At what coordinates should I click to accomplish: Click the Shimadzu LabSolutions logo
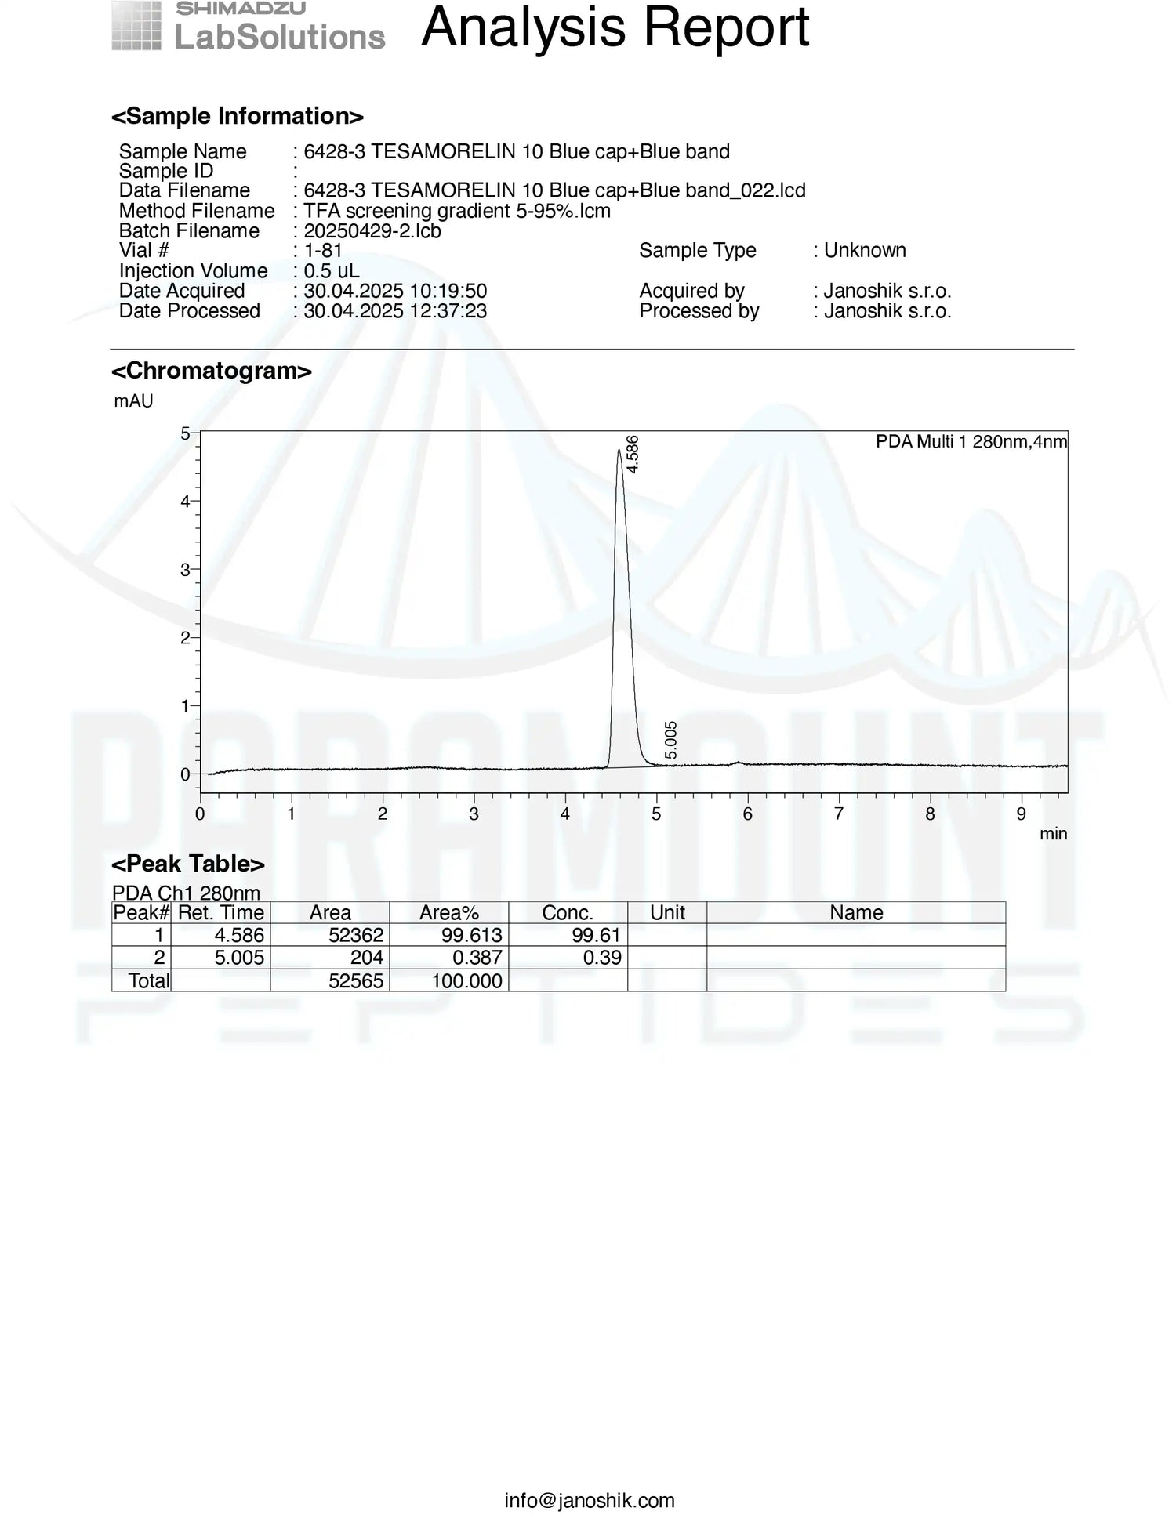tap(248, 28)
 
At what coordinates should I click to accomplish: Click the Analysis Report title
tap(615, 28)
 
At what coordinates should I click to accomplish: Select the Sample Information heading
tap(237, 116)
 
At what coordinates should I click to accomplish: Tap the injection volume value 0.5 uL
tap(332, 270)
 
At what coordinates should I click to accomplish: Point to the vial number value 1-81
tap(323, 250)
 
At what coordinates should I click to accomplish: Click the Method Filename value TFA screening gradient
tap(457, 211)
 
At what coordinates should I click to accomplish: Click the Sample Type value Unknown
tap(865, 250)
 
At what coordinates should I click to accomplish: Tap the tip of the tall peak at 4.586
tap(619, 450)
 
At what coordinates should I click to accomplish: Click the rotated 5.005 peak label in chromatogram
tap(671, 740)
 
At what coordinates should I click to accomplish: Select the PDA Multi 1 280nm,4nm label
tap(971, 442)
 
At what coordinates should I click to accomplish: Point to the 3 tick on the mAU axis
tap(185, 570)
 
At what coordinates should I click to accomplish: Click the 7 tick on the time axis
tap(839, 814)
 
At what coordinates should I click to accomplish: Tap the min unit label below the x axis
tap(1053, 834)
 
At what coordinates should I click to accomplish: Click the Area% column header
tap(448, 912)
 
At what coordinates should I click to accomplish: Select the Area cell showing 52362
tap(357, 935)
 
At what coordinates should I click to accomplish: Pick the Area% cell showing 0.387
tap(477, 958)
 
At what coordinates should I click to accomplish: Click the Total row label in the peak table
tap(149, 980)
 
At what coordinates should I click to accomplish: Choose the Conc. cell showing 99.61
tap(596, 935)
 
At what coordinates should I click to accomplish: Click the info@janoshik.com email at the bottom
tap(590, 1500)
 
